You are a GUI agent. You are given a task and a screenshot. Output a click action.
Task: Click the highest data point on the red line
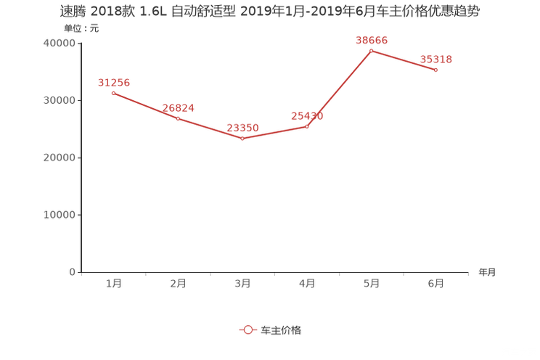point(371,51)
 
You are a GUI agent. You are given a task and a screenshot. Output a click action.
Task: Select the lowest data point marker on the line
point(242,139)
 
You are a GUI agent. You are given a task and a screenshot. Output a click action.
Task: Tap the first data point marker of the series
point(112,94)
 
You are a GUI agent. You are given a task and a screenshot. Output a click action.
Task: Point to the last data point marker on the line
point(435,70)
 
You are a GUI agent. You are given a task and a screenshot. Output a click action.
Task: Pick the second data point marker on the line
point(177,118)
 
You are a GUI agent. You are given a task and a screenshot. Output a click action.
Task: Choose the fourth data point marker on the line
point(306,127)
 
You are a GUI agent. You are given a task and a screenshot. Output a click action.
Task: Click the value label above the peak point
point(372,39)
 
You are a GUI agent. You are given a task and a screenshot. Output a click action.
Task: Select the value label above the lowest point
point(242,128)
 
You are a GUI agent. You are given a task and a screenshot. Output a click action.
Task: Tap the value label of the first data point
point(113,82)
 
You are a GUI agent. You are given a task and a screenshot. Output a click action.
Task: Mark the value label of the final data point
point(436,59)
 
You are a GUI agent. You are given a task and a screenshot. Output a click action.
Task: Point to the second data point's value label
point(179,108)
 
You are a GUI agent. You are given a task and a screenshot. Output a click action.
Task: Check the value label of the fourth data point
point(307,115)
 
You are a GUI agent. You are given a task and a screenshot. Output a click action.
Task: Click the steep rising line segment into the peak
point(339,89)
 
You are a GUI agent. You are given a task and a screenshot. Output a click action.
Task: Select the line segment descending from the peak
point(404,60)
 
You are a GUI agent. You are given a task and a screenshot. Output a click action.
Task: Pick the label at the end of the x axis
point(487,273)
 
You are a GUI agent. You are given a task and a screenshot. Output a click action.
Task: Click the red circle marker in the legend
point(247,330)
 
